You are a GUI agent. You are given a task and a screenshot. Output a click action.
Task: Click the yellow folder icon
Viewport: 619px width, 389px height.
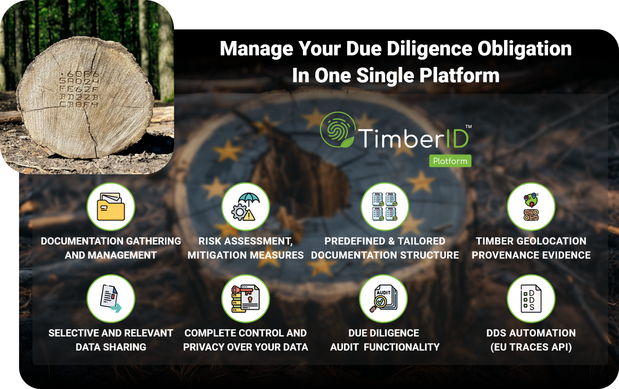pyautogui.click(x=111, y=206)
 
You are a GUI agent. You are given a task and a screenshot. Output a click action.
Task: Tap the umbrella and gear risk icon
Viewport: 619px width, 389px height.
pyautogui.click(x=246, y=206)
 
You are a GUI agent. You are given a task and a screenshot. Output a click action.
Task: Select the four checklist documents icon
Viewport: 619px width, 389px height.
pyautogui.click(x=385, y=206)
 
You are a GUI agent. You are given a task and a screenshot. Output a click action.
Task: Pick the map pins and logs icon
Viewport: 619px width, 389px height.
pyautogui.click(x=531, y=206)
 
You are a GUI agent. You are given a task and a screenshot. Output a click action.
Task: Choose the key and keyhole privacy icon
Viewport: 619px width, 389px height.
pyautogui.click(x=246, y=299)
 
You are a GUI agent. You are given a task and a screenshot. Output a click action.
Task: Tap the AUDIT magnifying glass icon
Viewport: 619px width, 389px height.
pyautogui.click(x=384, y=299)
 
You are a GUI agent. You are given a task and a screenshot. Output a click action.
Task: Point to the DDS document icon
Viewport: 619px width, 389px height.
pyautogui.click(x=531, y=299)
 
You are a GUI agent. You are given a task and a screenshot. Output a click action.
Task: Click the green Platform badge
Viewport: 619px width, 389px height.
pyautogui.click(x=450, y=161)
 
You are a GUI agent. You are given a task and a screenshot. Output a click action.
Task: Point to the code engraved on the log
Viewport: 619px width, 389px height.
pyautogui.click(x=79, y=89)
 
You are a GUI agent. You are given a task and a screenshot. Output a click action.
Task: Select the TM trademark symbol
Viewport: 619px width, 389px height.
pyautogui.click(x=468, y=127)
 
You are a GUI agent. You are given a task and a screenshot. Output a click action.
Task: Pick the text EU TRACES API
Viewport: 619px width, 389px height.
pyautogui.click(x=531, y=347)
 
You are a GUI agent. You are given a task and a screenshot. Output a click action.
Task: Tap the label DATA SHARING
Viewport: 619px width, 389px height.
pyautogui.click(x=111, y=347)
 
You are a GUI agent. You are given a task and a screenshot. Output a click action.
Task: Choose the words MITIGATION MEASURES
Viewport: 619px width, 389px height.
pyautogui.click(x=246, y=255)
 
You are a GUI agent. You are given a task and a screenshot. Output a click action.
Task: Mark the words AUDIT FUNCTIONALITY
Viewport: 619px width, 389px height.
pyautogui.click(x=385, y=347)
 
